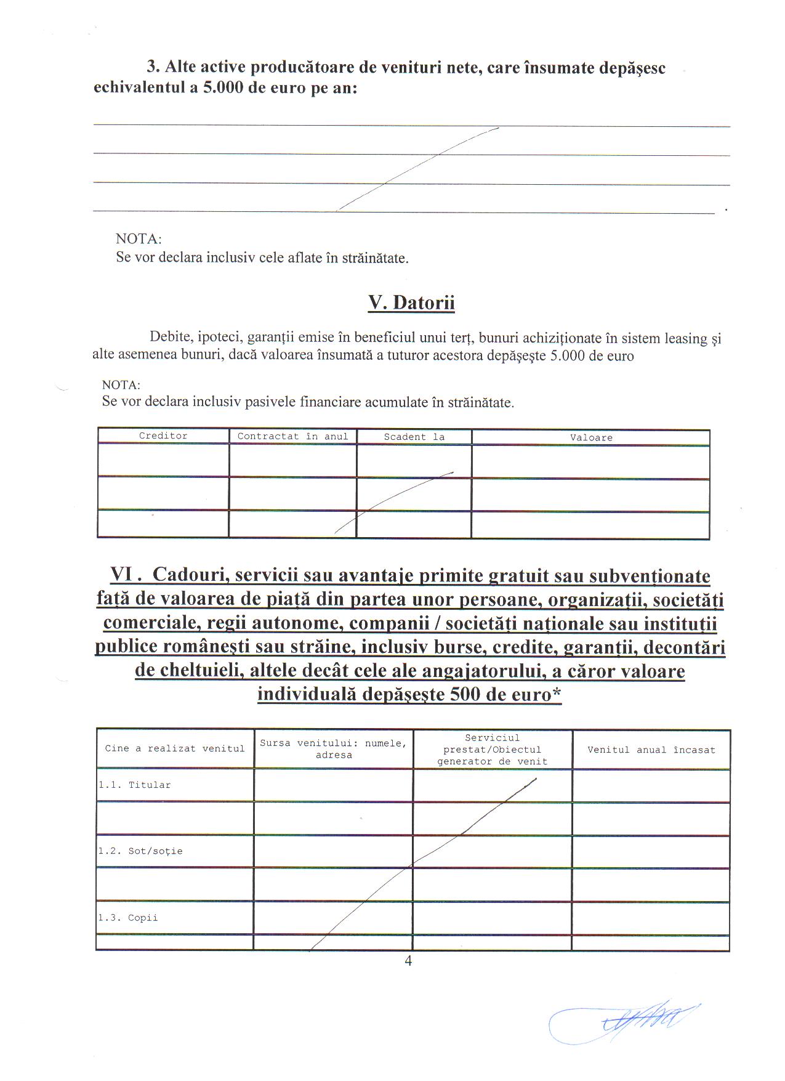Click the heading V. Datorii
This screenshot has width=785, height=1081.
click(x=411, y=303)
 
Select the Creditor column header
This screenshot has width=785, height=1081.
click(x=163, y=436)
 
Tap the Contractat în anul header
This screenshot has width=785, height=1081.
click(x=292, y=437)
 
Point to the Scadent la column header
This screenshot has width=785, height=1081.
click(x=414, y=437)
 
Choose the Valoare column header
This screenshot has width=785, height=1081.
click(x=590, y=438)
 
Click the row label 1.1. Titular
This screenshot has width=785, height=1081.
click(x=135, y=785)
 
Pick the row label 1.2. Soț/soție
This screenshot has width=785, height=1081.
click(x=140, y=851)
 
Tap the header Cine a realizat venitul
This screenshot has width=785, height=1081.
click(x=175, y=749)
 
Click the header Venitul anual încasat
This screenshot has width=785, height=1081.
click(x=651, y=750)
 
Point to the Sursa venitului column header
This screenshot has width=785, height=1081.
click(x=333, y=749)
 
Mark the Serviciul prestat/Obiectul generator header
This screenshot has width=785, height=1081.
click(x=492, y=750)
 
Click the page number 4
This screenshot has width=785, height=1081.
click(x=408, y=962)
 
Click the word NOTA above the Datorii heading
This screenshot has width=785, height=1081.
click(x=139, y=239)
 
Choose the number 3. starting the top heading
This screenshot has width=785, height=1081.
click(x=153, y=68)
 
